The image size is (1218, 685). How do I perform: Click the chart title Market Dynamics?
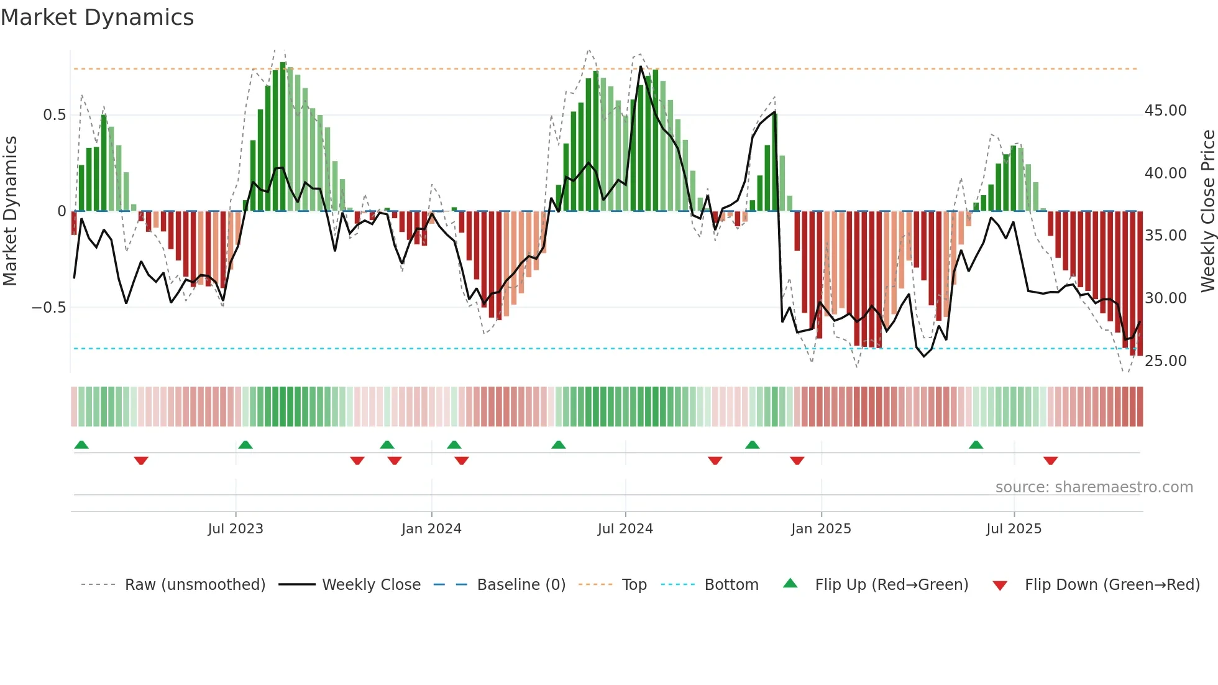(x=97, y=17)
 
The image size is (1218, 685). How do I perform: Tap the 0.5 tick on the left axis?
(x=54, y=115)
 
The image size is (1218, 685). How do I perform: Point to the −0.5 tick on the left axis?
(x=49, y=308)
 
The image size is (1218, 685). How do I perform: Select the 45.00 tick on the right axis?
(x=1165, y=111)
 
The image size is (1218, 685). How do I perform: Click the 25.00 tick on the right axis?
(x=1165, y=361)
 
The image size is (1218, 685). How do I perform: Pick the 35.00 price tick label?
(x=1165, y=236)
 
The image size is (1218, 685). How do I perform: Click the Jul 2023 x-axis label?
(x=236, y=529)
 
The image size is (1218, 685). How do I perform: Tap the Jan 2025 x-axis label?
(x=821, y=529)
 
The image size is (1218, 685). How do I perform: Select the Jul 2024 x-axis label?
(x=625, y=529)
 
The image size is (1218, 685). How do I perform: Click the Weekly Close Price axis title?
(x=1207, y=211)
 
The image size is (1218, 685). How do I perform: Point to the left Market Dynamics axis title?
(x=10, y=211)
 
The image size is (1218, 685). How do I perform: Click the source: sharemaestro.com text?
(x=1094, y=487)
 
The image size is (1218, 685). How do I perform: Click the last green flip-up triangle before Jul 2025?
(x=976, y=445)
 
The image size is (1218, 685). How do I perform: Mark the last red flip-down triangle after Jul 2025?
(x=1050, y=461)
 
